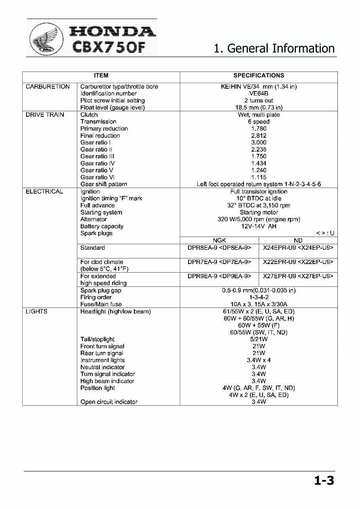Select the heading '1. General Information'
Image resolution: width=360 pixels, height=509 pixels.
(x=274, y=48)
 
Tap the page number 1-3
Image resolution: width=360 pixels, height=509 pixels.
(x=324, y=481)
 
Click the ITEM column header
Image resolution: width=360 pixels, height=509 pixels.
(x=101, y=76)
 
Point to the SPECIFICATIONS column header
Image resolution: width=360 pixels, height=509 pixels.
(x=259, y=76)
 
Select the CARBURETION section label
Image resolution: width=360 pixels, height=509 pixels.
(x=48, y=87)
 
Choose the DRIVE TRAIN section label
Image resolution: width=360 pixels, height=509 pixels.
(x=45, y=115)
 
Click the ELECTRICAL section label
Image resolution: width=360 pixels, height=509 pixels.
(x=44, y=192)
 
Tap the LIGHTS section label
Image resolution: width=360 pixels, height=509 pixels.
(x=36, y=311)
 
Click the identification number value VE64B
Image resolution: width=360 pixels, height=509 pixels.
(x=259, y=94)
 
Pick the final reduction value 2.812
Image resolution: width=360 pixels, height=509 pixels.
(x=259, y=136)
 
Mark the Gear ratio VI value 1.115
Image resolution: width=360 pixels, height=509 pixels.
(x=259, y=177)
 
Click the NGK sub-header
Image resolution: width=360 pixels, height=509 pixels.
(x=219, y=241)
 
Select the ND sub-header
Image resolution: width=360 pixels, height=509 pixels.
(x=298, y=241)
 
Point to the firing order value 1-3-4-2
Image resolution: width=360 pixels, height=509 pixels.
(x=259, y=297)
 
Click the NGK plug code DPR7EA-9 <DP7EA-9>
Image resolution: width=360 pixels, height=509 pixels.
(x=219, y=262)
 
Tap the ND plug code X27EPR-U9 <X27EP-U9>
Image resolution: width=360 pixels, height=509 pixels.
(x=298, y=276)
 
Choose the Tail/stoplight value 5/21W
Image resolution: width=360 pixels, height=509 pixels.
(x=259, y=339)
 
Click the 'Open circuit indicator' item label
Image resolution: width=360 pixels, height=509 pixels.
(x=109, y=402)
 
